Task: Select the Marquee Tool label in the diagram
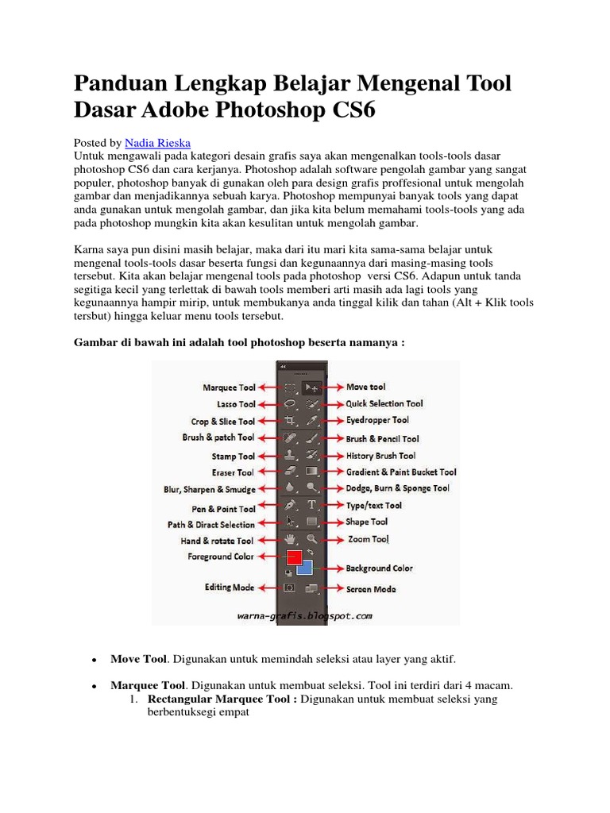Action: coord(229,387)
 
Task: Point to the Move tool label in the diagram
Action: coord(366,387)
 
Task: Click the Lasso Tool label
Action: coord(236,404)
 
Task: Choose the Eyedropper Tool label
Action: coord(377,420)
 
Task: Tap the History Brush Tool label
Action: coord(380,456)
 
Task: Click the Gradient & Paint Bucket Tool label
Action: coord(401,472)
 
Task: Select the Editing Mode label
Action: coord(229,587)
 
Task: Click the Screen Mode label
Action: coord(371,589)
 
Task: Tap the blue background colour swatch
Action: coord(305,568)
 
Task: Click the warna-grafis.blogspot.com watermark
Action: coord(305,615)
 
